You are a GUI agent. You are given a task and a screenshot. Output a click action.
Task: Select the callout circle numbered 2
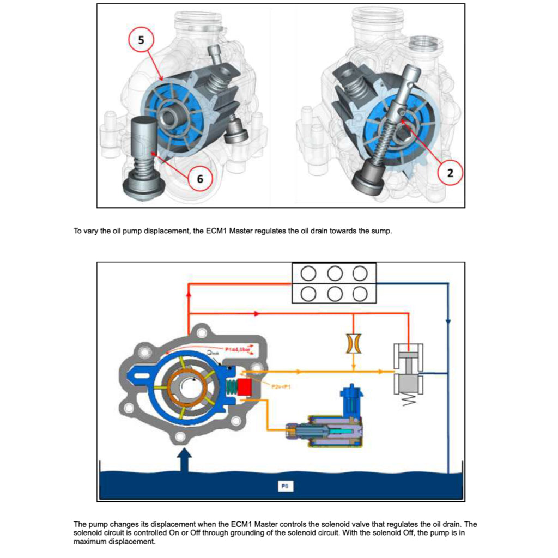450,173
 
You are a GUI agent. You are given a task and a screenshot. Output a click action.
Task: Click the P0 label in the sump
284,485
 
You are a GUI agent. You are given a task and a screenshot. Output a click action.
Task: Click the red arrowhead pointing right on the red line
257,314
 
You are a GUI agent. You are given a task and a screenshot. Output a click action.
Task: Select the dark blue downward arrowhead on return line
448,322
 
